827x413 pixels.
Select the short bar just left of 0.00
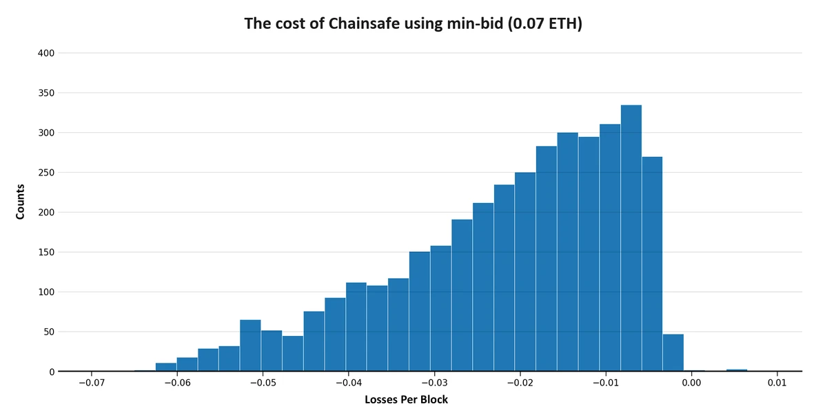pyautogui.click(x=673, y=354)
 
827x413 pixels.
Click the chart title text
pyautogui.click(x=413, y=23)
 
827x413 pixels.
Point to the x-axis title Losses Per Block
pyautogui.click(x=406, y=399)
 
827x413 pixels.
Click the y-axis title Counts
pyautogui.click(x=20, y=201)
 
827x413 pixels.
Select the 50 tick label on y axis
pyautogui.click(x=49, y=332)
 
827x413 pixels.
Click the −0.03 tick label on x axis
pyautogui.click(x=432, y=383)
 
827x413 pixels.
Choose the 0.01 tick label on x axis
pyautogui.click(x=777, y=383)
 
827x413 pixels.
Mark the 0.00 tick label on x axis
pyautogui.click(x=691, y=383)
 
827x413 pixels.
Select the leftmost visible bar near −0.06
pyautogui.click(x=166, y=368)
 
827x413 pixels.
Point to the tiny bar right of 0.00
pyautogui.click(x=737, y=370)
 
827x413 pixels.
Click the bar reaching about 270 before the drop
pyautogui.click(x=652, y=265)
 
